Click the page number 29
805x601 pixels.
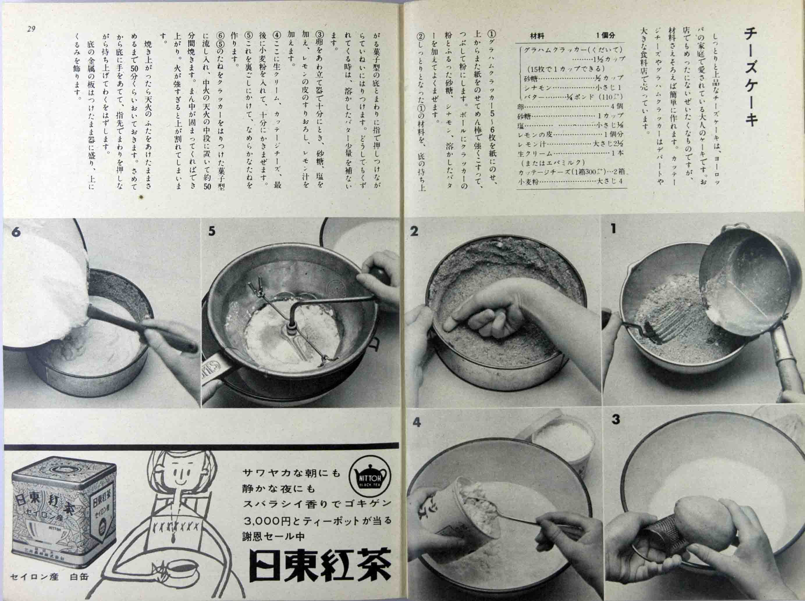point(31,29)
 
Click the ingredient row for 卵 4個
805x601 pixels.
point(570,107)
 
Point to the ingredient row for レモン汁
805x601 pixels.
point(570,144)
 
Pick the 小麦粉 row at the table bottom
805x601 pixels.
point(570,181)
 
